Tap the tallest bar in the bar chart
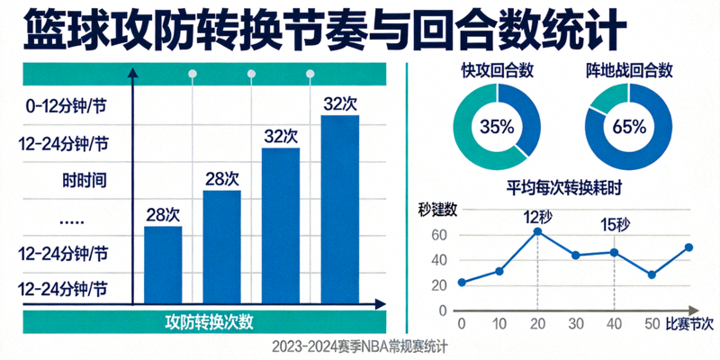click(339, 208)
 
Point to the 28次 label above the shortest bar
click(163, 214)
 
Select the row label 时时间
click(85, 179)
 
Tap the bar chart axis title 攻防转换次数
click(209, 322)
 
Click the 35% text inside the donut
click(496, 127)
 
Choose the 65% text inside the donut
click(629, 127)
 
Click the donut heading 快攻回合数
click(496, 70)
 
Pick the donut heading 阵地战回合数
click(630, 70)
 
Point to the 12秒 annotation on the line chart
click(538, 217)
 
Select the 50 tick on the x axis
click(652, 323)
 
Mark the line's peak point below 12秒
click(537, 231)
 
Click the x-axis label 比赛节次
click(690, 323)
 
